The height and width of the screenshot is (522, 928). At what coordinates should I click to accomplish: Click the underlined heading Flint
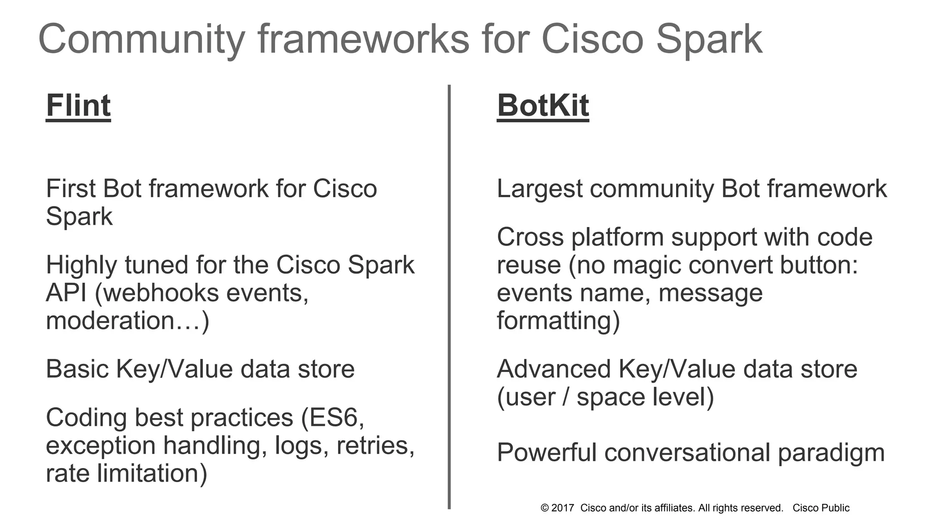[78, 106]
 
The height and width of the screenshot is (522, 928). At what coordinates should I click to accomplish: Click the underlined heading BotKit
[543, 106]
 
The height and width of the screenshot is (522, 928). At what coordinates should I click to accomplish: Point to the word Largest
[539, 189]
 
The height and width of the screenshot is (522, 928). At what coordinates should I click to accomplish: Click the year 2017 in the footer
[563, 508]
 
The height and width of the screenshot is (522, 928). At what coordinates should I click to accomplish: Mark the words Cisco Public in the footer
[821, 508]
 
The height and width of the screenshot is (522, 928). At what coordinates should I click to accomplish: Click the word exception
[101, 446]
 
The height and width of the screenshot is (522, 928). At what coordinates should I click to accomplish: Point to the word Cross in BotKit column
[530, 237]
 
